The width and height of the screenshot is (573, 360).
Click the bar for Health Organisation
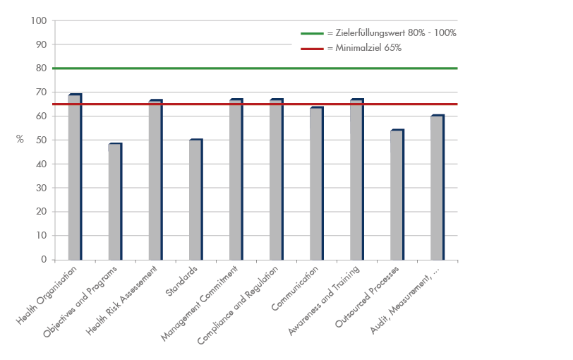[75, 176]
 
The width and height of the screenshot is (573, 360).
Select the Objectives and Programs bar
[115, 202]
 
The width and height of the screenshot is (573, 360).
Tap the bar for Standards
[195, 200]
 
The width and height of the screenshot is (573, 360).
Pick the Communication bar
[316, 184]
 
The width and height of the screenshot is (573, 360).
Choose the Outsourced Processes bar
[397, 195]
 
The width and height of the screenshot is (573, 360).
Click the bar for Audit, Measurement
[437, 188]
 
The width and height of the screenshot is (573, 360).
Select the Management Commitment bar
[236, 179]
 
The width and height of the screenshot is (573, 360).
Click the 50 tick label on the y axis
[42, 140]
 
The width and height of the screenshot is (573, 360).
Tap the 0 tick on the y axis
[44, 259]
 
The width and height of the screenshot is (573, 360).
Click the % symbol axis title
[20, 140]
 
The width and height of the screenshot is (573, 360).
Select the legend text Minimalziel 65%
[364, 48]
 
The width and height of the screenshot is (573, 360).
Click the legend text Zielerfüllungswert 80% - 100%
[392, 33]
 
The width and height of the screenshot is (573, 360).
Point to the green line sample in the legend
[311, 33]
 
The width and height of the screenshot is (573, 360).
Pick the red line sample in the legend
[311, 48]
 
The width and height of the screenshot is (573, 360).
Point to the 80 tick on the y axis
[42, 68]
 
